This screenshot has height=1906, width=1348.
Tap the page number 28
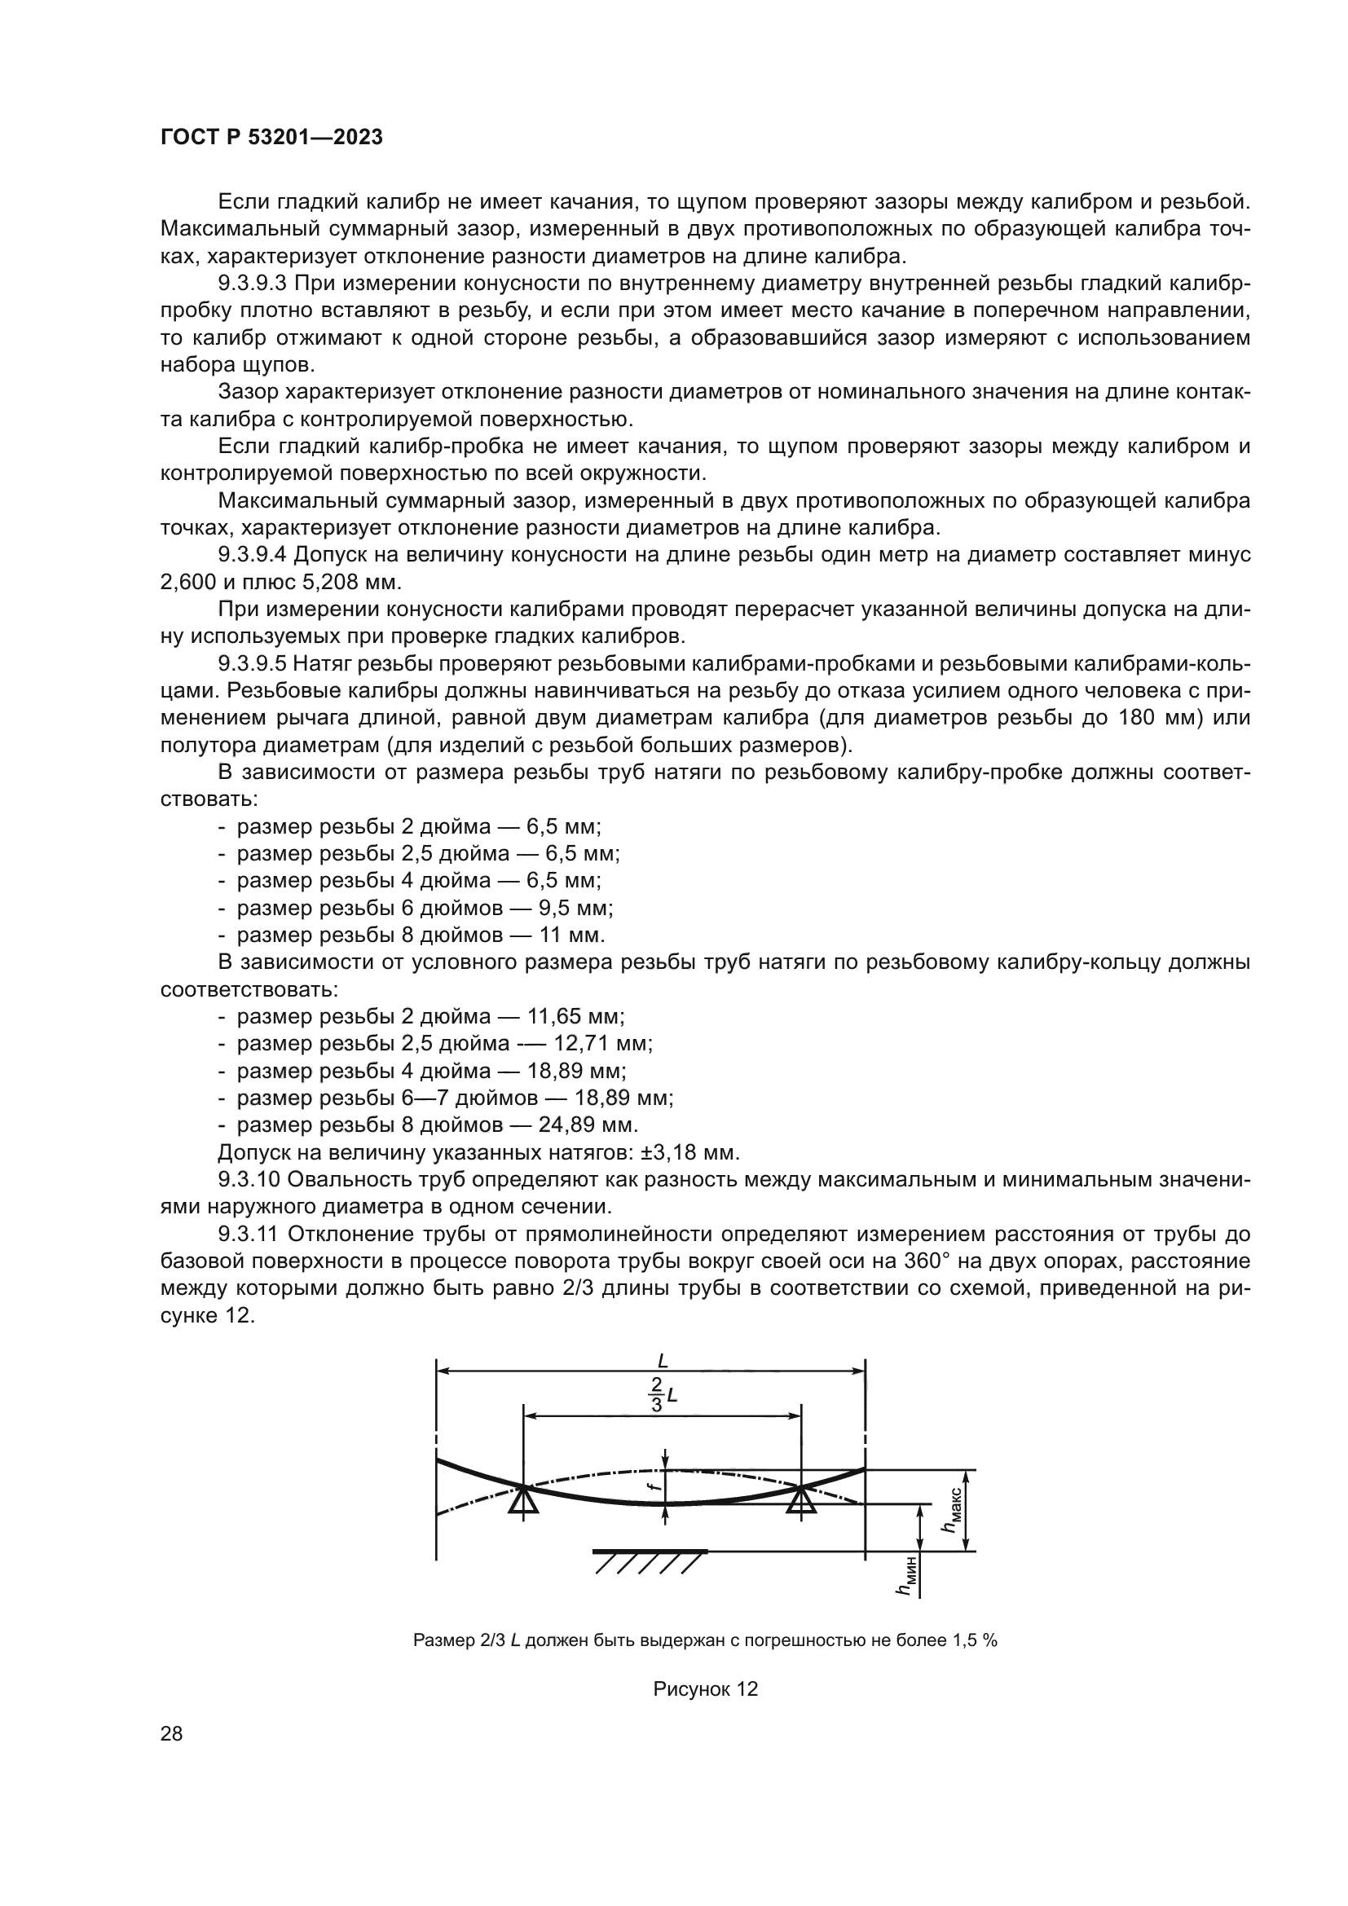(171, 1733)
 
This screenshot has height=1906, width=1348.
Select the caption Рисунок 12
(706, 1688)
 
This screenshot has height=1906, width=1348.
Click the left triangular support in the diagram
(524, 1500)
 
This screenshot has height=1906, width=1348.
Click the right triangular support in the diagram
(800, 1500)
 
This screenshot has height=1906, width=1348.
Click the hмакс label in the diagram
(952, 1510)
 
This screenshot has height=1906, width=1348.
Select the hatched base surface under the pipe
(650, 1560)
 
